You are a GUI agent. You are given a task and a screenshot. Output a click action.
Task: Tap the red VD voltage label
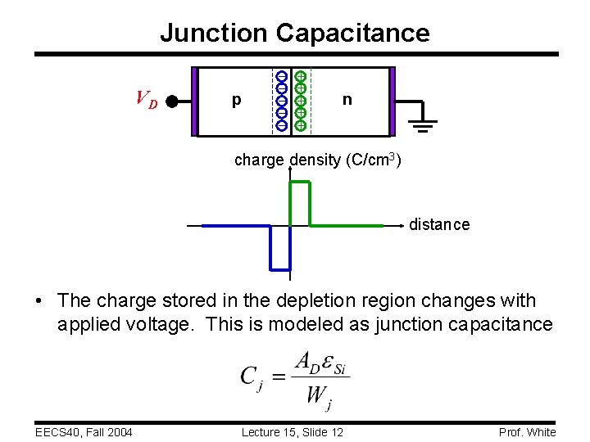[x=147, y=100]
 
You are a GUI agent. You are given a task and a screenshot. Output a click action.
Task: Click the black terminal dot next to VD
[x=172, y=101]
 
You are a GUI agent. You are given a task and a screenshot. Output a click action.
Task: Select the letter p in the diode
[x=236, y=101]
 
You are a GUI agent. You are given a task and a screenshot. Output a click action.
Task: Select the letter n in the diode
[x=347, y=100]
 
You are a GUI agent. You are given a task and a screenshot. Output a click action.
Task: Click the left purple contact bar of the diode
[x=195, y=101]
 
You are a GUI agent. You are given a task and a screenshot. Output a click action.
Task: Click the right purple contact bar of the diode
[x=392, y=101]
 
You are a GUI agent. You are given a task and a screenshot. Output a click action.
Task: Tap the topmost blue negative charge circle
[x=281, y=76]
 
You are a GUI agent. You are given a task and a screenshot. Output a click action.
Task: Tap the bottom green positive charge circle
[x=301, y=125]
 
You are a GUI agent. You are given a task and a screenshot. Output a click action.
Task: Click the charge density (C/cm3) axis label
[x=317, y=160]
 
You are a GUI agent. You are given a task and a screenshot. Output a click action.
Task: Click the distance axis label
[x=439, y=224]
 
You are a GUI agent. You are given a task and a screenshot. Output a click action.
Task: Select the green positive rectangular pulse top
[x=300, y=182]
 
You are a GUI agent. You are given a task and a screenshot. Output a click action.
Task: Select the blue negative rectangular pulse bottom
[x=280, y=268]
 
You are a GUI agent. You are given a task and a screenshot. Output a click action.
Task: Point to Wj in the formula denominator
[x=318, y=397]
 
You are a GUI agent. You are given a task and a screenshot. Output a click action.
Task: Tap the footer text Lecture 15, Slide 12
[x=293, y=432]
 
